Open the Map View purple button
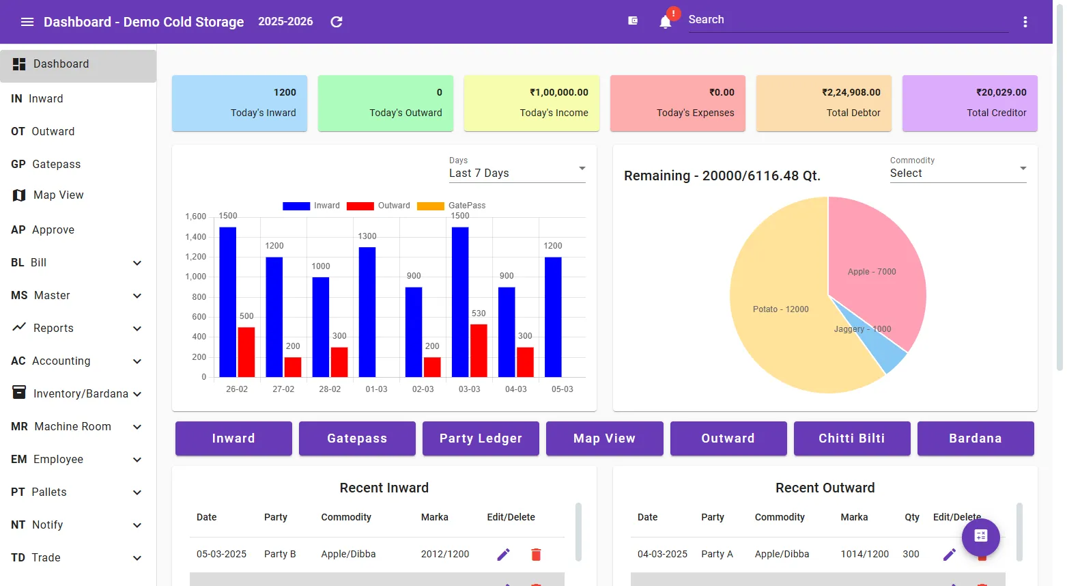coord(604,438)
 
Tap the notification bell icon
coord(665,22)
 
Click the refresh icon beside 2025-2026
coord(337,22)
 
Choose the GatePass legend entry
coord(451,206)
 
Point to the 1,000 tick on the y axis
coord(195,277)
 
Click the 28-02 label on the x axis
coord(330,389)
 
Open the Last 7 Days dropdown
coord(517,173)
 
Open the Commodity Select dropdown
coord(958,173)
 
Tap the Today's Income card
coord(531,103)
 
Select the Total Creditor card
coord(969,103)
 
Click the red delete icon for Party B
coord(536,555)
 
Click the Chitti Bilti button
coord(851,438)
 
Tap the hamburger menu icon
coord(27,22)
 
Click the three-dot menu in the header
coord(1025,22)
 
